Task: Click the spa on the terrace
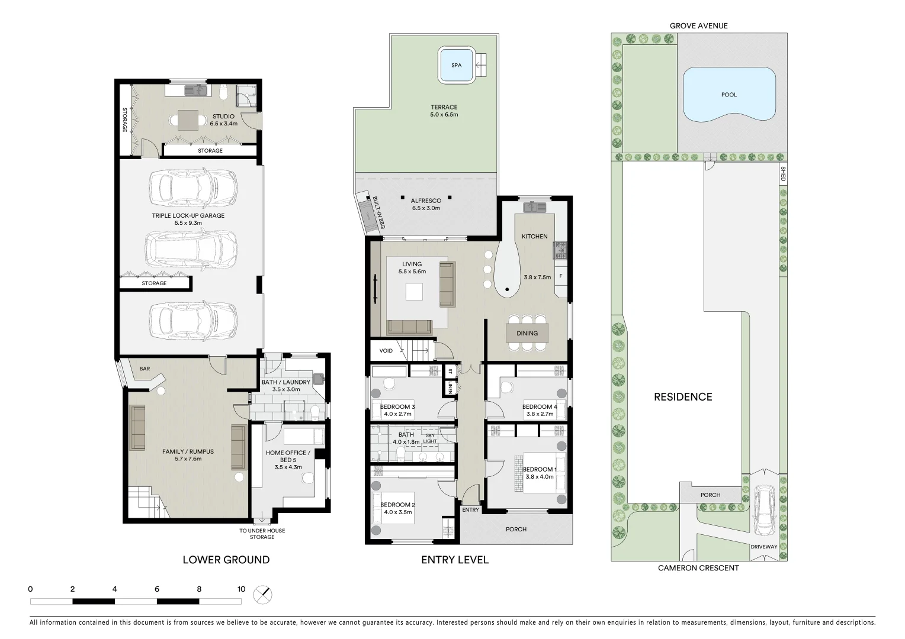456,65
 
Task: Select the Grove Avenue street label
698,25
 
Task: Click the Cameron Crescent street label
698,568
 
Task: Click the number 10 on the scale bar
241,589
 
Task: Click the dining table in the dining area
527,333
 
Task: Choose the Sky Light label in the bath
431,438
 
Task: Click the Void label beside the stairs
386,351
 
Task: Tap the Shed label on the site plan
782,173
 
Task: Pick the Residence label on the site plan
683,397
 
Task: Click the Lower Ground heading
226,560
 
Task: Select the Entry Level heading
455,560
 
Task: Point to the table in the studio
188,120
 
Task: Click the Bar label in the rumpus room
145,369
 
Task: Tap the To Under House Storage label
262,534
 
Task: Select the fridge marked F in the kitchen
560,276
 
